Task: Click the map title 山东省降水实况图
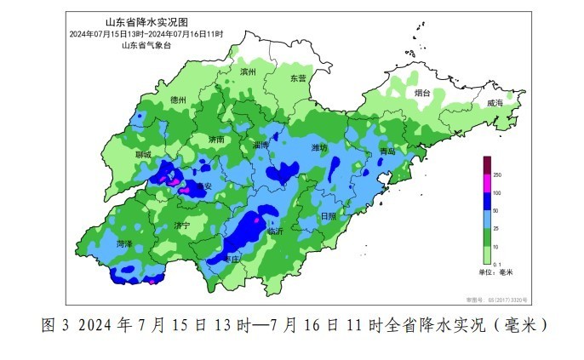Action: [x=146, y=22]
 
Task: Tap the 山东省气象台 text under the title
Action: [x=146, y=44]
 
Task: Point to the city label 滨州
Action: [x=249, y=72]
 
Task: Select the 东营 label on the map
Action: [x=297, y=77]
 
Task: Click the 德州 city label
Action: [x=179, y=100]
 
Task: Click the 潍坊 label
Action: [x=319, y=147]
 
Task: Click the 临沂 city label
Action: [x=276, y=231]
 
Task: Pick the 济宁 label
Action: [x=181, y=226]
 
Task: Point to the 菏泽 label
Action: [x=124, y=243]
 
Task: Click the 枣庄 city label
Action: [x=231, y=259]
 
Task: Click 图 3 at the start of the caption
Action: [x=54, y=326]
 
